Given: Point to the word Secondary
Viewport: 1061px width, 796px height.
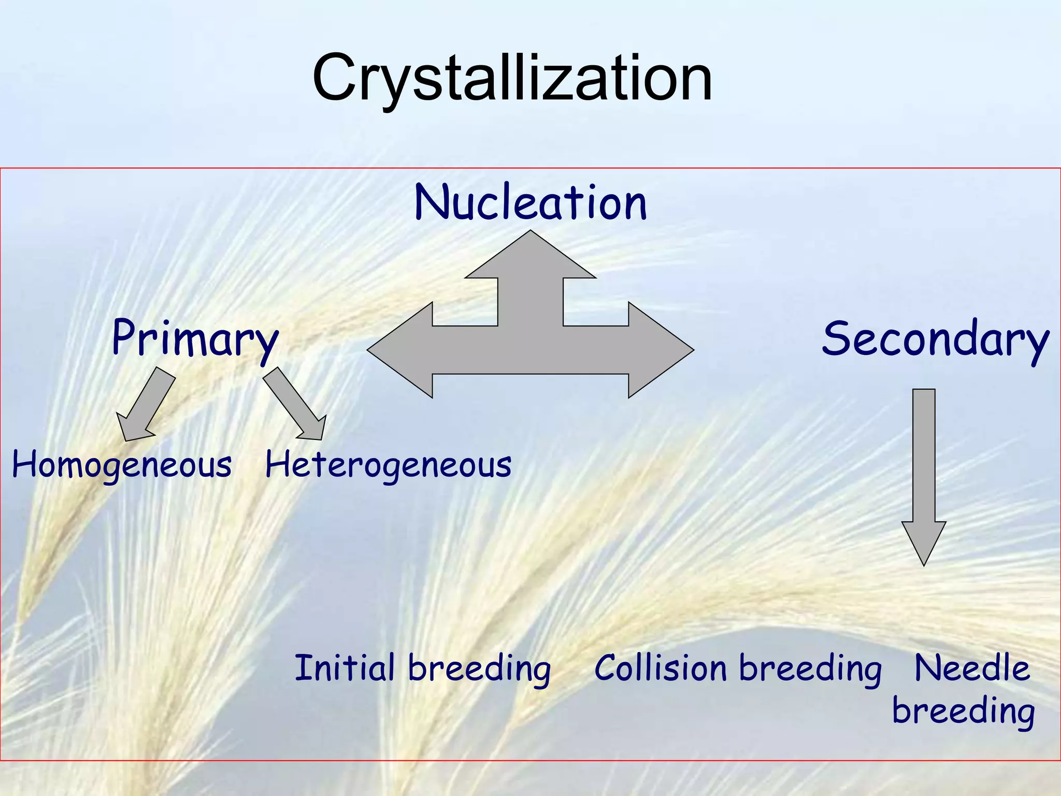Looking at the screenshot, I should (935, 339).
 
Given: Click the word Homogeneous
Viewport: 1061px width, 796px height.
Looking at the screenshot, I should (122, 465).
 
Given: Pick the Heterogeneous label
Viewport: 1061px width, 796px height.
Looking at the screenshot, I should (388, 465).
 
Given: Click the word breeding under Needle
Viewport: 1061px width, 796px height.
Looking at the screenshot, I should (963, 711).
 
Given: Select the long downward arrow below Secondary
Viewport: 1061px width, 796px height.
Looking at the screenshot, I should (924, 466).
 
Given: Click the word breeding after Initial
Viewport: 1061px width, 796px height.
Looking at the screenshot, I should (479, 669).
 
